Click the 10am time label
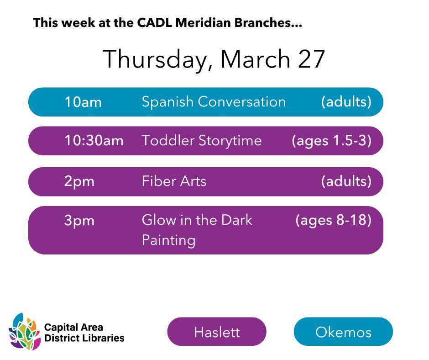point(83,102)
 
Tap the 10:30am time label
point(94,141)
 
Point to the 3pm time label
point(79,221)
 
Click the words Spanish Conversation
point(214,102)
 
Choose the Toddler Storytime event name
point(202,141)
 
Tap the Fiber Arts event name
point(174,181)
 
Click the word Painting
point(168,240)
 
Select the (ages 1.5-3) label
point(332,141)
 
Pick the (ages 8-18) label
point(334,220)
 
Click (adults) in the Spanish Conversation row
point(346,102)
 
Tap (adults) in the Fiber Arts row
point(346,181)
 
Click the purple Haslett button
point(217,332)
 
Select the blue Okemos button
point(343,332)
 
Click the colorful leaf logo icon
point(25,332)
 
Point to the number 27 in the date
point(311,59)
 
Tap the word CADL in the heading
point(154,22)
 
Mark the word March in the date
point(255,59)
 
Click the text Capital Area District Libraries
point(84,332)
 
